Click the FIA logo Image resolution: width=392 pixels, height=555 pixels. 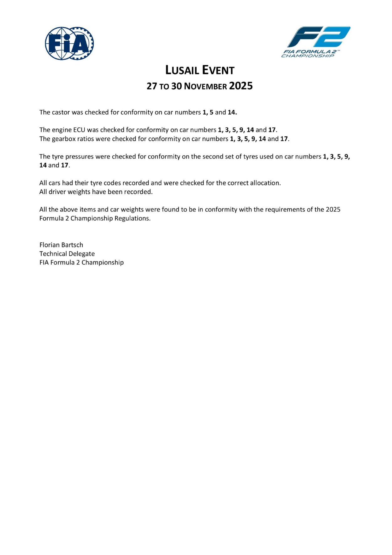click(69, 43)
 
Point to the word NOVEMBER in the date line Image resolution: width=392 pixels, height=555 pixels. click(205, 86)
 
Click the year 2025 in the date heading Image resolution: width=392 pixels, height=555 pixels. click(241, 86)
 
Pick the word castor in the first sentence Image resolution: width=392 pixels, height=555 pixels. click(61, 112)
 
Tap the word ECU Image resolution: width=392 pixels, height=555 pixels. click(79, 130)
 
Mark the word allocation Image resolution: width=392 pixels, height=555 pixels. click(265, 183)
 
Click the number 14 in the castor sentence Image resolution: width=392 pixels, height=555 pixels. click(232, 112)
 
